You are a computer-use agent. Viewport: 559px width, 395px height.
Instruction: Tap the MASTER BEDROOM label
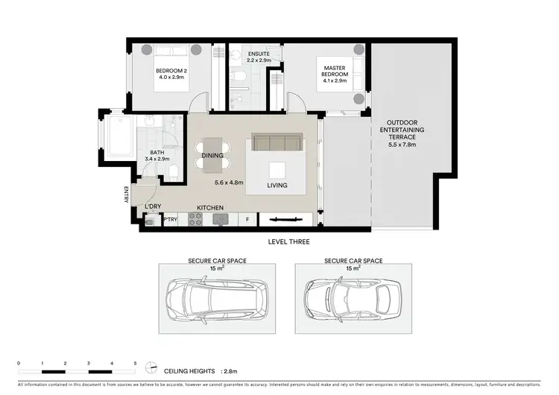coord(334,69)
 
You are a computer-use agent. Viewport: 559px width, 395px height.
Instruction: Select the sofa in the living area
coord(277,142)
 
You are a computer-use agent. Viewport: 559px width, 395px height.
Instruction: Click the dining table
coord(213,154)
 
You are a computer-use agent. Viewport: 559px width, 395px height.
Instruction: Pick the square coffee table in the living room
coord(277,168)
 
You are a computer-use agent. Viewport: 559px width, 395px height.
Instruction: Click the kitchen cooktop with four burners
coord(195,219)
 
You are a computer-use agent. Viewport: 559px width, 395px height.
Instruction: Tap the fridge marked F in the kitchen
coord(247,220)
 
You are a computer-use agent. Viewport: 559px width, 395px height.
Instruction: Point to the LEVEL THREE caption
coord(288,242)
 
